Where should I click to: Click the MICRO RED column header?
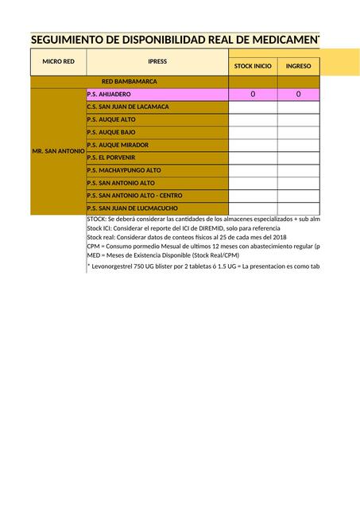tap(58, 61)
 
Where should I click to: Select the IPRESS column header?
tap(157, 61)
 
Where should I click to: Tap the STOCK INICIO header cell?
tap(253, 67)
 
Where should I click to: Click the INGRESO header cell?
tap(298, 67)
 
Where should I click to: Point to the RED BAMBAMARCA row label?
tap(130, 81)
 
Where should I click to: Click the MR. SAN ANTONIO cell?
tap(58, 151)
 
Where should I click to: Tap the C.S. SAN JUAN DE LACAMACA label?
tap(127, 107)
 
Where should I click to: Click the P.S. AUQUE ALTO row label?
tap(111, 120)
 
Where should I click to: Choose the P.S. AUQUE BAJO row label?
tap(111, 133)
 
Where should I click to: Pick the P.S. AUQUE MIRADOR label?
tap(118, 145)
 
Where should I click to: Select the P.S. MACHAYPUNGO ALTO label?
tap(124, 170)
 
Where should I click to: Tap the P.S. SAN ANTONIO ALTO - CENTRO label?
tap(134, 196)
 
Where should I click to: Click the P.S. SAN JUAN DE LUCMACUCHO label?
tap(133, 208)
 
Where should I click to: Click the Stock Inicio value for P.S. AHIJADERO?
tap(253, 95)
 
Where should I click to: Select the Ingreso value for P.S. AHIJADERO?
tap(298, 95)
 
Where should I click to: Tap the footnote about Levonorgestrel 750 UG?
tap(203, 266)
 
